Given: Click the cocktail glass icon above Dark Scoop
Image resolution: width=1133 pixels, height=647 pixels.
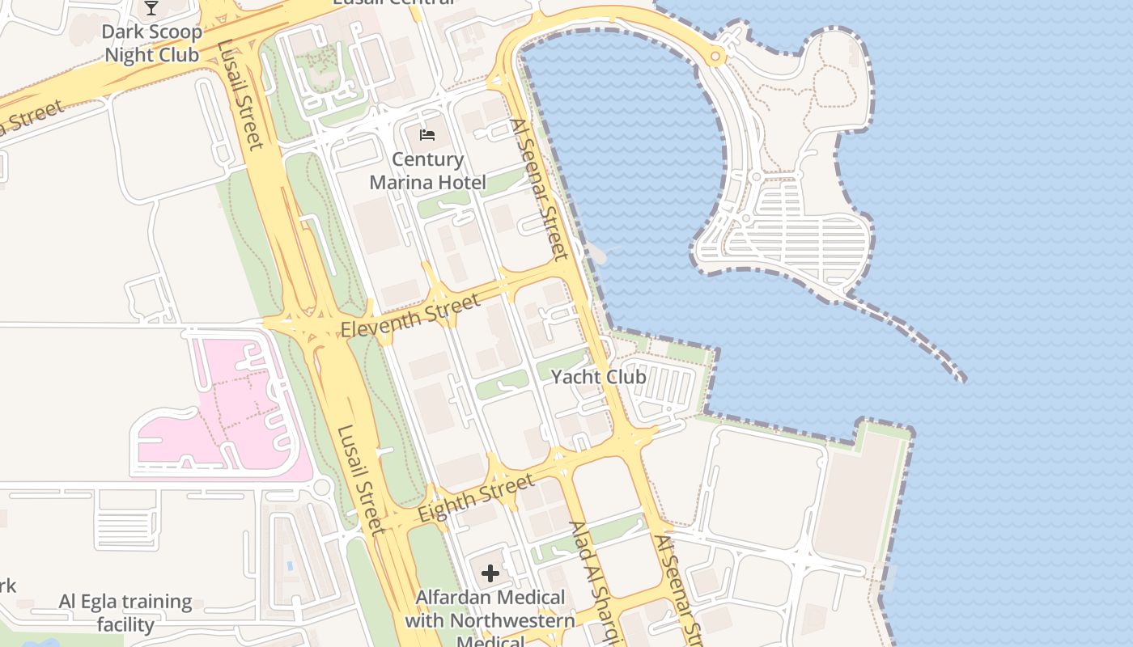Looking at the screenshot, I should coord(151,9).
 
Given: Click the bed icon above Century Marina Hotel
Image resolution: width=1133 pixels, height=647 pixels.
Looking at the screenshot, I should coord(427,134).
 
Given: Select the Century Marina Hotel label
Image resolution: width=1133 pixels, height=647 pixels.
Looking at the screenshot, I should coord(427,171).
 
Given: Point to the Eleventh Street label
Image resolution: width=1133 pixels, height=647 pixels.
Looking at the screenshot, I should coord(410,316).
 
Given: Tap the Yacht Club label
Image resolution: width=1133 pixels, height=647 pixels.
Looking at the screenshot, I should coord(598,377).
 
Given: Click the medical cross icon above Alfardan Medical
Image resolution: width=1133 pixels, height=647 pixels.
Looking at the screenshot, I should coord(490,574).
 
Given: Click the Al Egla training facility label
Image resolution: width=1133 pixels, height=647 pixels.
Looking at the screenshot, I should coord(125,613).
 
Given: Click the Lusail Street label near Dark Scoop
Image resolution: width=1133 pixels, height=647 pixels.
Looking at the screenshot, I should coord(241,95).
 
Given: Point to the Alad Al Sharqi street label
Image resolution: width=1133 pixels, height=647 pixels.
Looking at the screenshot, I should coord(597,582).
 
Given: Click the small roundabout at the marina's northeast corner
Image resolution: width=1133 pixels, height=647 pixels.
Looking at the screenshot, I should coord(715,57).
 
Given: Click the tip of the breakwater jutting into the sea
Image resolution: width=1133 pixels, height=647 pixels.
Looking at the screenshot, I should coord(961,378).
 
